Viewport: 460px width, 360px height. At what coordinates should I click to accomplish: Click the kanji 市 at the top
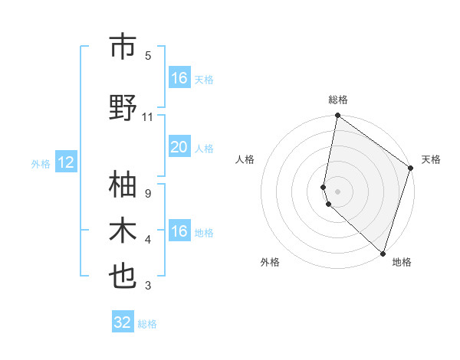(123, 47)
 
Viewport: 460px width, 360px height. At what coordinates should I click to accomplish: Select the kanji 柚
(123, 185)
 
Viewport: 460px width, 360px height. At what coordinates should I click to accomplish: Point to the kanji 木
(123, 231)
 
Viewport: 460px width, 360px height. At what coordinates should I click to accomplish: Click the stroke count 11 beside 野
(148, 117)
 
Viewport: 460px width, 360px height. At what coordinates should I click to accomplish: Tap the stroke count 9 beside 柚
(147, 194)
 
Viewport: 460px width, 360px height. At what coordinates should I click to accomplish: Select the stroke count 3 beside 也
(147, 286)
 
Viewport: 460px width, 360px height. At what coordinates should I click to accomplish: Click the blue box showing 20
(179, 148)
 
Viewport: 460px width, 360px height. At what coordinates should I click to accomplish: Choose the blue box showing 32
(123, 322)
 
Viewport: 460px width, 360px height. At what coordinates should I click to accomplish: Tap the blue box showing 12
(65, 162)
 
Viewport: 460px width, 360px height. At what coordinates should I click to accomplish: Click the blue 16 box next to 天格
(179, 78)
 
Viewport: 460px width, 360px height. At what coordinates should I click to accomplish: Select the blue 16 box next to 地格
(179, 231)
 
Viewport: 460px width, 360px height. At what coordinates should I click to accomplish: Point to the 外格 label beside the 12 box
(41, 163)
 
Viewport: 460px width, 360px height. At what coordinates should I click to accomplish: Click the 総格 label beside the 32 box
(147, 324)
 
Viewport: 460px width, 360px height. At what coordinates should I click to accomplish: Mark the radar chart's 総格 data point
(337, 116)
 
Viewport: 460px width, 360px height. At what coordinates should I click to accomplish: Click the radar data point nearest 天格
(411, 169)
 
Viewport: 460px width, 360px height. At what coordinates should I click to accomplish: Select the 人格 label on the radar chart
(245, 159)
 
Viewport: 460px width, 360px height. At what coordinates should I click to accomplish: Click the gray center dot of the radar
(337, 191)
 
